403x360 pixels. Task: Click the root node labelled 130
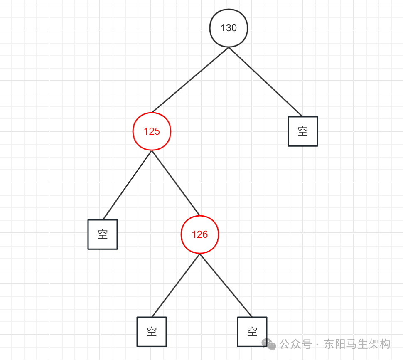pyautogui.click(x=229, y=28)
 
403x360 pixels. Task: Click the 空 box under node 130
pyautogui.click(x=303, y=131)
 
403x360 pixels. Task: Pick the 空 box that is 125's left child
pyautogui.click(x=103, y=234)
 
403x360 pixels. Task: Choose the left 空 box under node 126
pyautogui.click(x=152, y=332)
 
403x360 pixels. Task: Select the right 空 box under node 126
pyautogui.click(x=252, y=332)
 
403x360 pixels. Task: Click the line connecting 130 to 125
pyautogui.click(x=190, y=80)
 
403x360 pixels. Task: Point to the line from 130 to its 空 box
pyautogui.click(x=265, y=82)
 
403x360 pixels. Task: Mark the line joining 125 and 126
pyautogui.click(x=176, y=183)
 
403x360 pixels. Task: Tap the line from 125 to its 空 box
pyautogui.click(x=127, y=185)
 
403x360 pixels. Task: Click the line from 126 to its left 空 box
pyautogui.click(x=176, y=285)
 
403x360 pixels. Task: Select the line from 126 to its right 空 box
pyautogui.click(x=226, y=285)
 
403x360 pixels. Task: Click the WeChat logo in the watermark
pyautogui.click(x=269, y=344)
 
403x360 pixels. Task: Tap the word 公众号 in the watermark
pyautogui.click(x=295, y=344)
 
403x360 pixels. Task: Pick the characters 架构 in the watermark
pyautogui.click(x=379, y=344)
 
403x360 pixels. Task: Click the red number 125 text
pyautogui.click(x=152, y=131)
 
